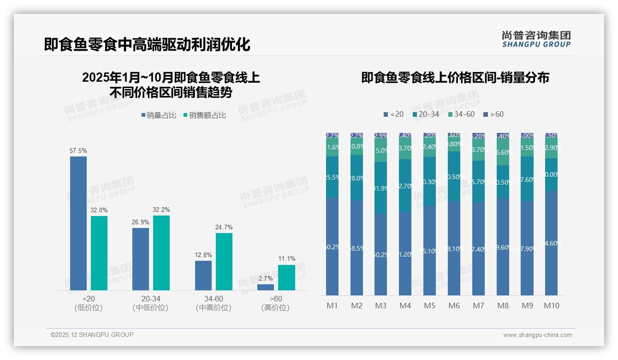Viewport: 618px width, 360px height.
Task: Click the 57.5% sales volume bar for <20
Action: click(78, 223)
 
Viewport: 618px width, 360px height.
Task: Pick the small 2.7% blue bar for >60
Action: click(266, 287)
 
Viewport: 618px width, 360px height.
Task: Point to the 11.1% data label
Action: click(286, 258)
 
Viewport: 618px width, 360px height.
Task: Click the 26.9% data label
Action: click(140, 222)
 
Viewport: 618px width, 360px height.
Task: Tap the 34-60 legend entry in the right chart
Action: click(461, 114)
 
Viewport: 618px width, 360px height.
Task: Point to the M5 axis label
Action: click(429, 306)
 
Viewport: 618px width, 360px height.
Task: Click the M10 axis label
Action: click(552, 306)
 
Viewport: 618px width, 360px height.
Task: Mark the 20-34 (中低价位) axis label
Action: click(150, 303)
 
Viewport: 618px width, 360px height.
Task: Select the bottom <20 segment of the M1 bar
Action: click(332, 246)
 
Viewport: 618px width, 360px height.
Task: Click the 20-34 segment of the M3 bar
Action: click(381, 188)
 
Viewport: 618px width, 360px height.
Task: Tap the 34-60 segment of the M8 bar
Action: click(503, 152)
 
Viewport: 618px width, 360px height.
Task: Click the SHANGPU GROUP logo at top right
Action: click(536, 39)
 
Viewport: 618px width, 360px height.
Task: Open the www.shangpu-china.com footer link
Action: click(537, 335)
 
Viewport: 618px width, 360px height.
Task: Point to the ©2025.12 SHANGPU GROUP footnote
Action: click(92, 335)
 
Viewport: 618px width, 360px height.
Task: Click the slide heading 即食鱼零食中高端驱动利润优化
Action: click(147, 44)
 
